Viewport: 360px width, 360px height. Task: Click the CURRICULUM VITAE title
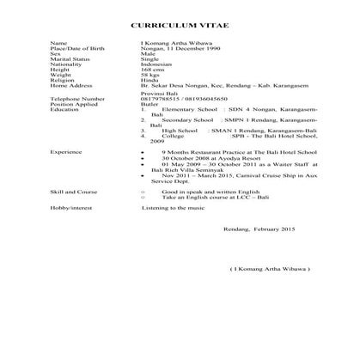click(180, 27)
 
